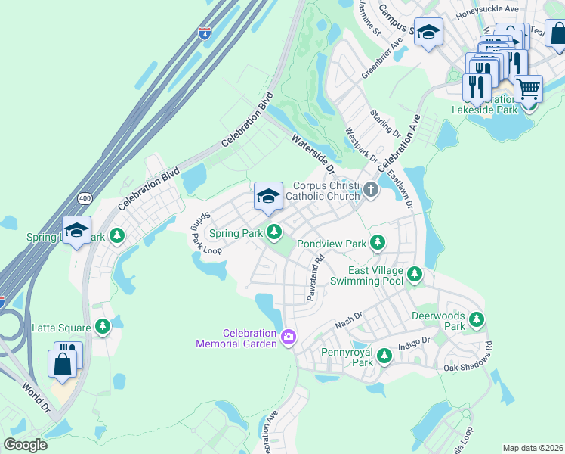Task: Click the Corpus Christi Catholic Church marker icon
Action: (370, 190)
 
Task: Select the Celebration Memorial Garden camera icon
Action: (288, 337)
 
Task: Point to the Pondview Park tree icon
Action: (378, 244)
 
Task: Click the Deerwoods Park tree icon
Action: (476, 320)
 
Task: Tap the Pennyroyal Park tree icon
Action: (384, 355)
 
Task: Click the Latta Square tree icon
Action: (102, 328)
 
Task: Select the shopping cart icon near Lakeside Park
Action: (528, 89)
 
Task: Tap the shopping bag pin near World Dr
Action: (62, 363)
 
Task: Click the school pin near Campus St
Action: (428, 33)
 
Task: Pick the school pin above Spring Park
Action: (268, 197)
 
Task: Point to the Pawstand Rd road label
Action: (315, 278)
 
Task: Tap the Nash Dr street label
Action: (349, 322)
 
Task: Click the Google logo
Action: (25, 444)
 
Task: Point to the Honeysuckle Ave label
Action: (492, 9)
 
